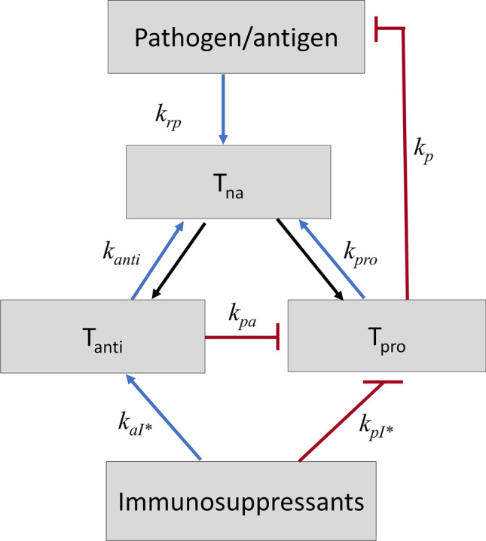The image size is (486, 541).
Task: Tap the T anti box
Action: click(x=103, y=335)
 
